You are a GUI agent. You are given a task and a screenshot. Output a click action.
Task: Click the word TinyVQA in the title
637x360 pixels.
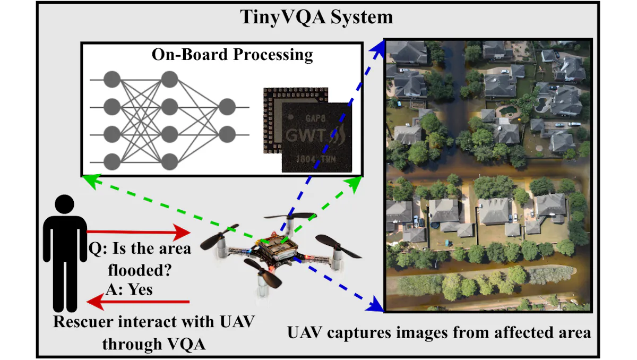282,18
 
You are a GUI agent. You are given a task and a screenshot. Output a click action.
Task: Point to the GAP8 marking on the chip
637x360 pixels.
315,118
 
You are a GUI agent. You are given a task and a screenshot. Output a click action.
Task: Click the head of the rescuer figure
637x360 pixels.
65,204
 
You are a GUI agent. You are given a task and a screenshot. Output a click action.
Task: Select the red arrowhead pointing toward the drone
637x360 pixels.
182,233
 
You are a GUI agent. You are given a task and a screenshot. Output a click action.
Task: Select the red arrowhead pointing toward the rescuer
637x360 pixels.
95,302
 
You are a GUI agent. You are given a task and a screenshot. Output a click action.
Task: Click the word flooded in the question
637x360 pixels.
140,270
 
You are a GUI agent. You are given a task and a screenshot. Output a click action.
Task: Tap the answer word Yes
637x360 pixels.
140,290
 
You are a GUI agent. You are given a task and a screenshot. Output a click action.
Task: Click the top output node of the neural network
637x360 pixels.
227,107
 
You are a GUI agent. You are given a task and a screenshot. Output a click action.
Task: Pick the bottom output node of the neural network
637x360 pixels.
227,134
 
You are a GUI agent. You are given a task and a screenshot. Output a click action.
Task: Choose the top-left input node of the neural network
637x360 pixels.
112,80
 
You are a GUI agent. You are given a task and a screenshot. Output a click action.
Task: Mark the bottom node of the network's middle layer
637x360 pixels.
169,162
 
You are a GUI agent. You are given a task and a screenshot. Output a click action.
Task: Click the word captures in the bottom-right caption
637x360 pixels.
359,333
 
